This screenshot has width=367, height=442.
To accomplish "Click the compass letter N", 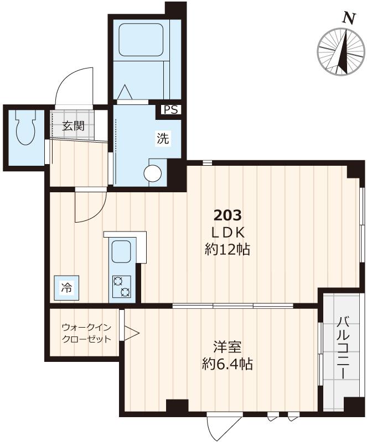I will pos(348,18).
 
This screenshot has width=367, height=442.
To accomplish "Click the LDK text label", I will pos(228,232).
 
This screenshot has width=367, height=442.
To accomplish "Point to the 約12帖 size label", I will pos(228,250).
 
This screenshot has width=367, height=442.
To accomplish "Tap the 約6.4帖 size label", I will pos(227,365).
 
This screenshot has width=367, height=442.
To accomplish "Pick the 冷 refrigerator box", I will pos(66,287).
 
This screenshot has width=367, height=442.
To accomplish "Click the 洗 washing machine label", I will pos(162,139).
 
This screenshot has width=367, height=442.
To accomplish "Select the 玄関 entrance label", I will pos(73,125).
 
